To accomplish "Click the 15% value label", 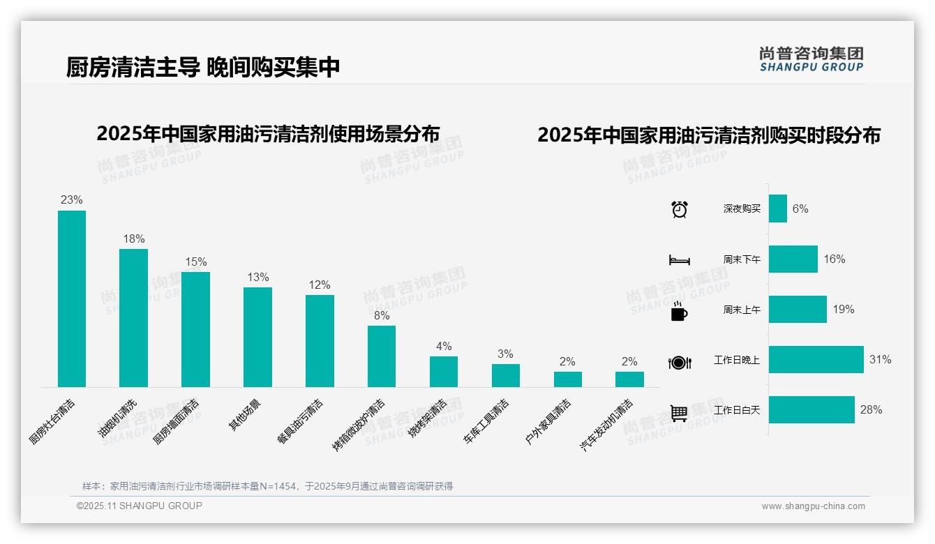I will pos(195,262).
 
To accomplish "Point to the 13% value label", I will pos(257,278).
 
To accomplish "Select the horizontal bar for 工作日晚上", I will pos(816,360).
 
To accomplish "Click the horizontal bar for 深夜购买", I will pos(778,209).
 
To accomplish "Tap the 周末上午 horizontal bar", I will pos(798,310).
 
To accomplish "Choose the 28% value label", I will pos(871,410).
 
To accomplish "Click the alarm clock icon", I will pos(679,209).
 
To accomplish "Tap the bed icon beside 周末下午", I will pos(679,260).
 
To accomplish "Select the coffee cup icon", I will pos(679,312).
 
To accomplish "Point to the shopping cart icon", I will pos(679,413).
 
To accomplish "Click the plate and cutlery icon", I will pos(679,362).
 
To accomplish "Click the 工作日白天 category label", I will pos(737,411).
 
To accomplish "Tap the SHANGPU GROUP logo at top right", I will pos(811,59).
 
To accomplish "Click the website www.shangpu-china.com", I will pos(813,506).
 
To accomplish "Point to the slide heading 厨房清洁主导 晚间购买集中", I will pos(203,68).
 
